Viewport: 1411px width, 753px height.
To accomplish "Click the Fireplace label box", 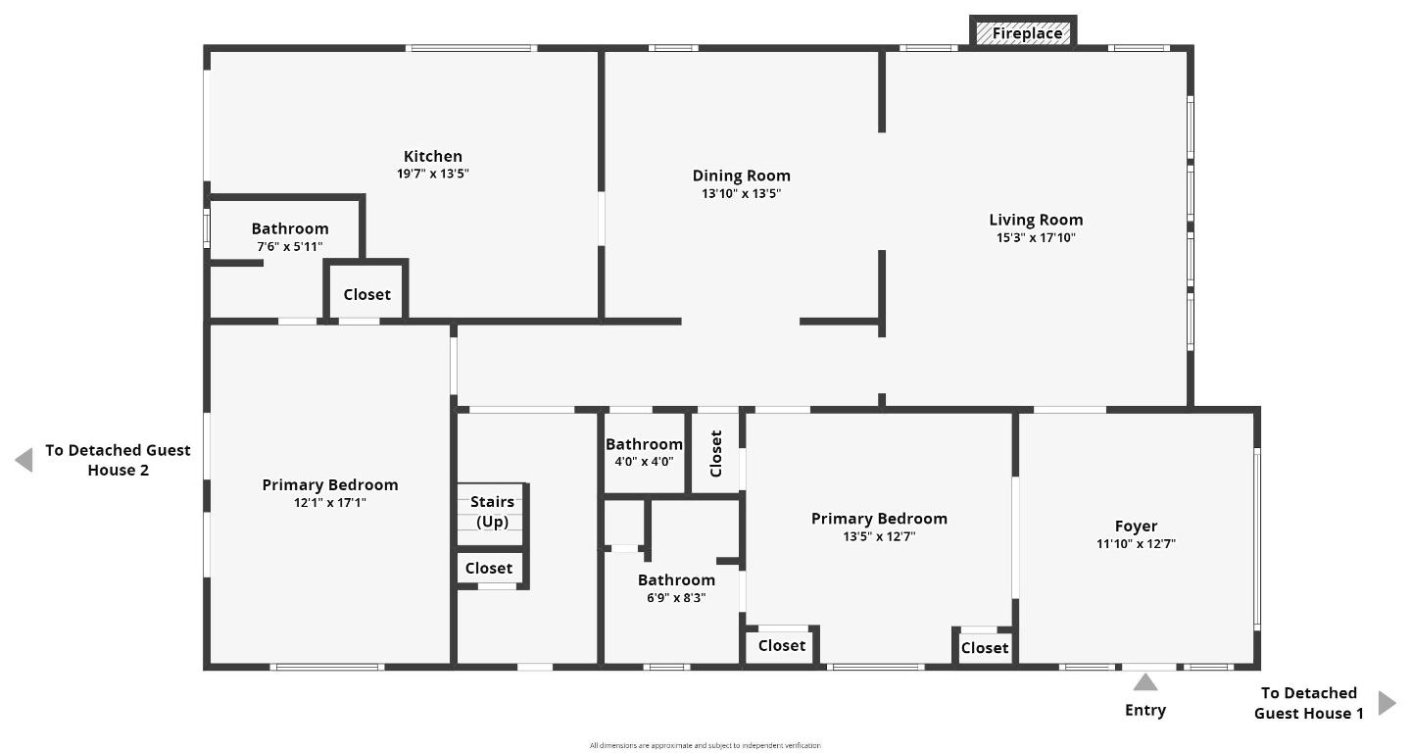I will click(x=1026, y=33).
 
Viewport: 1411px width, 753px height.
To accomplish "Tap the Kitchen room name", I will click(x=432, y=156).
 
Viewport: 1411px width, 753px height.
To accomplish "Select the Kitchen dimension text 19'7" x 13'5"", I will click(x=432, y=174).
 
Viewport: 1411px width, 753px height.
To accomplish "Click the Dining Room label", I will click(x=741, y=176).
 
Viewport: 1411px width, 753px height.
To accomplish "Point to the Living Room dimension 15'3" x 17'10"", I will click(x=1036, y=237).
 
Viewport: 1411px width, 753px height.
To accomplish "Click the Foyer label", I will click(x=1136, y=526).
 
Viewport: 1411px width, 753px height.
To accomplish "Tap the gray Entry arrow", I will click(x=1144, y=682).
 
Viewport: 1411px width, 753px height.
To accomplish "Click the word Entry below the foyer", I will click(x=1144, y=710).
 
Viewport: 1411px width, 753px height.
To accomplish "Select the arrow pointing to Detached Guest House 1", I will click(x=1387, y=702).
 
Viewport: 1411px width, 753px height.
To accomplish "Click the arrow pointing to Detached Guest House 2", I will click(x=24, y=460).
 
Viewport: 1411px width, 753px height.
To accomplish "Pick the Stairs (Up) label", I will click(x=492, y=512).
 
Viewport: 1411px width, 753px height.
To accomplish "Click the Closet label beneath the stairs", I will click(x=488, y=568).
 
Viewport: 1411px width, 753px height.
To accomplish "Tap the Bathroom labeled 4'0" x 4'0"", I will click(x=644, y=444).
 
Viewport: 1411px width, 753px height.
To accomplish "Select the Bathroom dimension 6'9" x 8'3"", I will click(x=676, y=597).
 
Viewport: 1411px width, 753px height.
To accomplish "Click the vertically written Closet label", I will click(x=715, y=453).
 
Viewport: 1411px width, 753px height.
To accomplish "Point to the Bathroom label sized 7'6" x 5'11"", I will click(x=289, y=228).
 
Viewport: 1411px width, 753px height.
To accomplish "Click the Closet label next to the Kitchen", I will click(x=366, y=294).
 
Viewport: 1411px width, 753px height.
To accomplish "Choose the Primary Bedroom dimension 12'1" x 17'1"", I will click(x=329, y=502).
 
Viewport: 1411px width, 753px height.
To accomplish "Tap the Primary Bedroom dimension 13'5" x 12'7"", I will click(x=879, y=536).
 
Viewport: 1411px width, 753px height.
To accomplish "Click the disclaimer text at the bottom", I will click(x=705, y=745).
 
